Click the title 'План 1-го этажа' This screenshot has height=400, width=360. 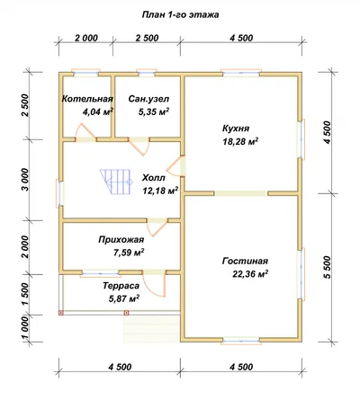[180, 14]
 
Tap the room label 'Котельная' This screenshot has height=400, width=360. [87, 99]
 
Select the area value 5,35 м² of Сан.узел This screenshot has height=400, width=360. [154, 111]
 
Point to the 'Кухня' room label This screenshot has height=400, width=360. [236, 129]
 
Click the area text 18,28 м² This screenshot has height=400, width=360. [240, 141]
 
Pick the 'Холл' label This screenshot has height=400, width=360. [153, 178]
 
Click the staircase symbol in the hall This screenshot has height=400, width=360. [116, 182]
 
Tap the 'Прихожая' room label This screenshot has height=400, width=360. [121, 240]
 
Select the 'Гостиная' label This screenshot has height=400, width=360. [245, 262]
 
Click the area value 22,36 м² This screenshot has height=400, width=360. [250, 274]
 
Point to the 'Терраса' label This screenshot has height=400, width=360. [121, 286]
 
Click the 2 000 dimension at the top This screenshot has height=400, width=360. [86, 38]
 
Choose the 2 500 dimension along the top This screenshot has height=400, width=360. [147, 38]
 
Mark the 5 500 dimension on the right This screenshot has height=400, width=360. [327, 267]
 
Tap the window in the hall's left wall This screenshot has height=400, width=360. [60, 193]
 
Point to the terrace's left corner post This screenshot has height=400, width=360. [61, 313]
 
